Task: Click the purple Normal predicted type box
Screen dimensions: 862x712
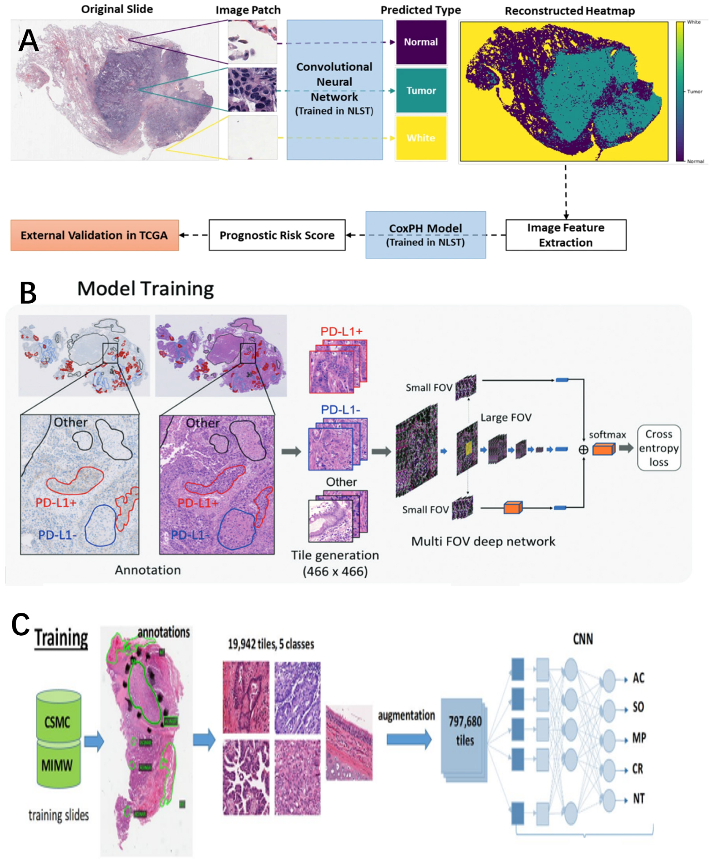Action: click(421, 42)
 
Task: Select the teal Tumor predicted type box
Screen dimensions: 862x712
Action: click(421, 91)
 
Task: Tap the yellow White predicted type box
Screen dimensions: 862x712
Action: click(421, 138)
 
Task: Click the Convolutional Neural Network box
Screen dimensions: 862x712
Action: click(334, 89)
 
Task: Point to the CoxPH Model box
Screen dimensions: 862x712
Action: click(425, 235)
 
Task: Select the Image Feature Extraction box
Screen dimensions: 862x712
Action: click(565, 235)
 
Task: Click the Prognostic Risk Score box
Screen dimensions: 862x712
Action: click(277, 235)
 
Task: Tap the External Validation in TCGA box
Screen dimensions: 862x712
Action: click(94, 235)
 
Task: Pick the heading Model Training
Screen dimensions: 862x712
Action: click(146, 289)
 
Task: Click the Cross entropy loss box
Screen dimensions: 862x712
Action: click(658, 448)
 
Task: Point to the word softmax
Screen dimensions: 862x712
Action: click(607, 435)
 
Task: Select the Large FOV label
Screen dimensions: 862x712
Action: click(506, 417)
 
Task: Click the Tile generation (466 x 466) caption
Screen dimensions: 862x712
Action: click(335, 563)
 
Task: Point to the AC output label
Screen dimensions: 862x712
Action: click(638, 679)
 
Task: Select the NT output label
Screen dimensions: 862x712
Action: click(638, 799)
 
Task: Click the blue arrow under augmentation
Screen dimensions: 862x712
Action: click(409, 739)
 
